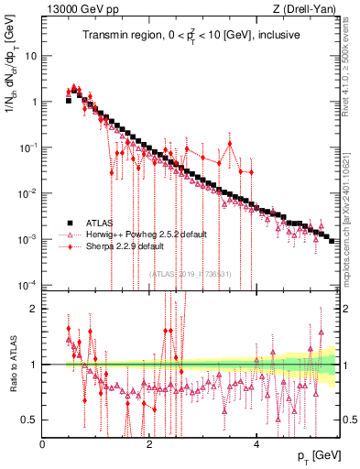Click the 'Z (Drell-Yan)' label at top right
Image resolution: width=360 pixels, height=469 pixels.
point(306,10)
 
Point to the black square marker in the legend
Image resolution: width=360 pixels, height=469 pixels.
point(69,223)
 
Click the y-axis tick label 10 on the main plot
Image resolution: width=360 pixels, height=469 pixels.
point(30,56)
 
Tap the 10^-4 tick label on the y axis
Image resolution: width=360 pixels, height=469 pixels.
point(28,284)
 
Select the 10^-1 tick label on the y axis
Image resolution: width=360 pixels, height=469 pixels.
point(28,147)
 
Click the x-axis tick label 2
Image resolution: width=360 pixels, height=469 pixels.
point(149,443)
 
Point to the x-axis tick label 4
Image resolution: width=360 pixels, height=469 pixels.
point(256,443)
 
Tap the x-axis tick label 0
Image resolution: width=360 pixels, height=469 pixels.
point(43,443)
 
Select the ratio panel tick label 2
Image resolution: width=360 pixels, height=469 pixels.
point(34,309)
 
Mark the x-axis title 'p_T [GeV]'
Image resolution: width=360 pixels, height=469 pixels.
point(314,456)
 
